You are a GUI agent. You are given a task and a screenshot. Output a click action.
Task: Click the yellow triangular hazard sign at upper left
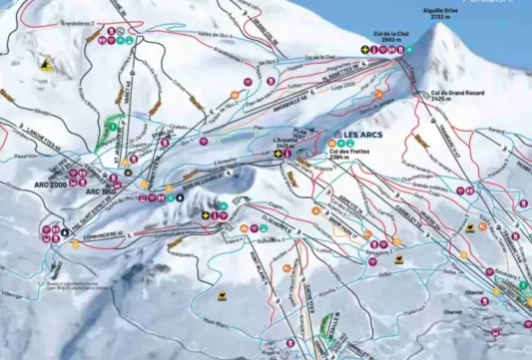[x=44, y=62]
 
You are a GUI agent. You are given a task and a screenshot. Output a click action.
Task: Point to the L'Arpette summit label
[x=285, y=140]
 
